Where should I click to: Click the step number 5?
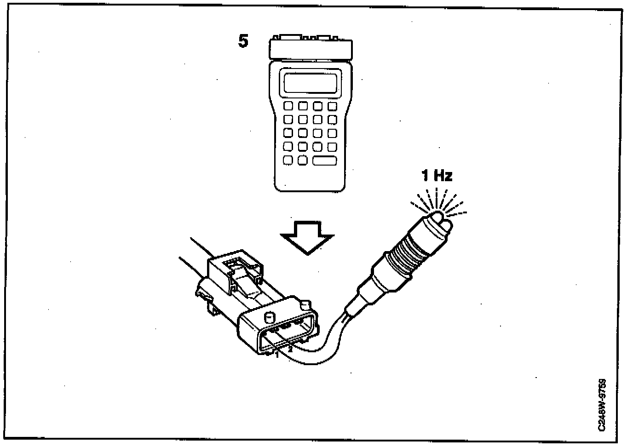[243, 41]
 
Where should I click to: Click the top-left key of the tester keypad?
[288, 106]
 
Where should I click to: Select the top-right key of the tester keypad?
[332, 106]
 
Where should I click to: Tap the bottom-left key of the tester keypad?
[288, 160]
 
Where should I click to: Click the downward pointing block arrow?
[307, 237]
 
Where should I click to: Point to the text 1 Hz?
[437, 175]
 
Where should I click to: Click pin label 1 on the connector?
[277, 355]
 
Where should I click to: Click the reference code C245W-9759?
[602, 405]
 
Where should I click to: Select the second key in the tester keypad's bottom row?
[303, 160]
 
